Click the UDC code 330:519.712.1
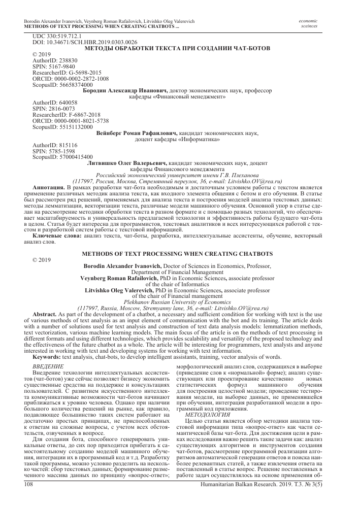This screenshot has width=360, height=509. coord(53,37)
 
